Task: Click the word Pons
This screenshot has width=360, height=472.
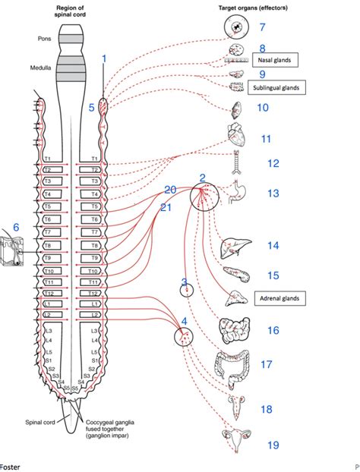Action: pyautogui.click(x=45, y=37)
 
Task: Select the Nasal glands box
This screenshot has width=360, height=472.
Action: pyautogui.click(x=273, y=58)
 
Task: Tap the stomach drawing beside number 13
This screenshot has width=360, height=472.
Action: pyautogui.click(x=235, y=194)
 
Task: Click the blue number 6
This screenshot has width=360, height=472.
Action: pyautogui.click(x=14, y=227)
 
